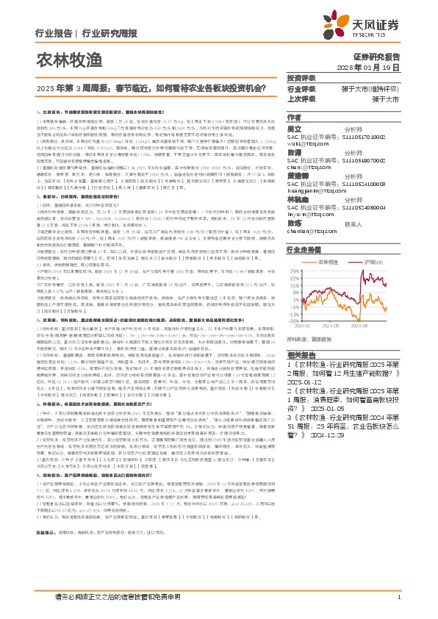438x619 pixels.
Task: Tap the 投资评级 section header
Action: pyautogui.click(x=301, y=78)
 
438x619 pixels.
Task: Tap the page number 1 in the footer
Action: pyautogui.click(x=398, y=606)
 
